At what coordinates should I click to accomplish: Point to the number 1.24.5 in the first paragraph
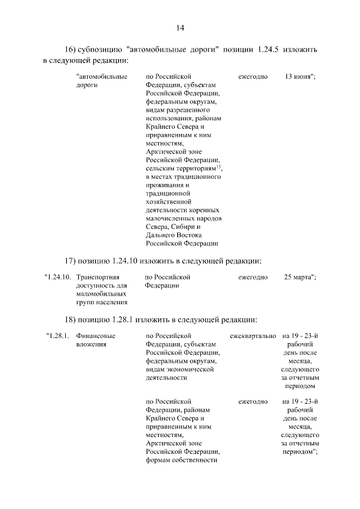pos(271,49)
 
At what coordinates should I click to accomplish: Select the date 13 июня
pos(299,76)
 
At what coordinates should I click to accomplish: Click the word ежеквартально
pos(253,336)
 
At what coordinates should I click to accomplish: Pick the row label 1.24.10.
pos(58,277)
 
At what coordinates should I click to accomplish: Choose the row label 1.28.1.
pos(58,336)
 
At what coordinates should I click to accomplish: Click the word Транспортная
pos(98,277)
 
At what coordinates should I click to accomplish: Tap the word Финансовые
pos(96,336)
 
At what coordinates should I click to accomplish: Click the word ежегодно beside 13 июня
pos(253,76)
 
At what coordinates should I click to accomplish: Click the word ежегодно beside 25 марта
pos(253,277)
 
